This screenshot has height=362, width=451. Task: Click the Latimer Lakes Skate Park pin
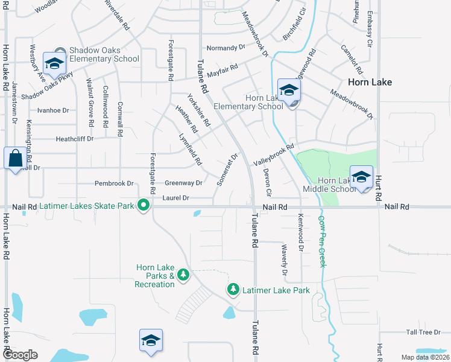coord(143,206)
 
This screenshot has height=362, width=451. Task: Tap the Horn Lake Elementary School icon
coord(289,90)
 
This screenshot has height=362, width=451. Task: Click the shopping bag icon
coord(14,159)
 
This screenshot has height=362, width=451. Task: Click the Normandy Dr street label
coord(226,47)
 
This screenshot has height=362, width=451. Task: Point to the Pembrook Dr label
coord(114,183)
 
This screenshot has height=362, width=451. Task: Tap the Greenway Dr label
coord(184,183)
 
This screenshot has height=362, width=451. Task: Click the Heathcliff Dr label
coord(75,139)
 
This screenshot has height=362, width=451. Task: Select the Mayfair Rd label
coord(222,71)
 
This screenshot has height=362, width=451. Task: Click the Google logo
coord(20,355)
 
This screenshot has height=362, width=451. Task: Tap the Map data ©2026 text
coord(424,357)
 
